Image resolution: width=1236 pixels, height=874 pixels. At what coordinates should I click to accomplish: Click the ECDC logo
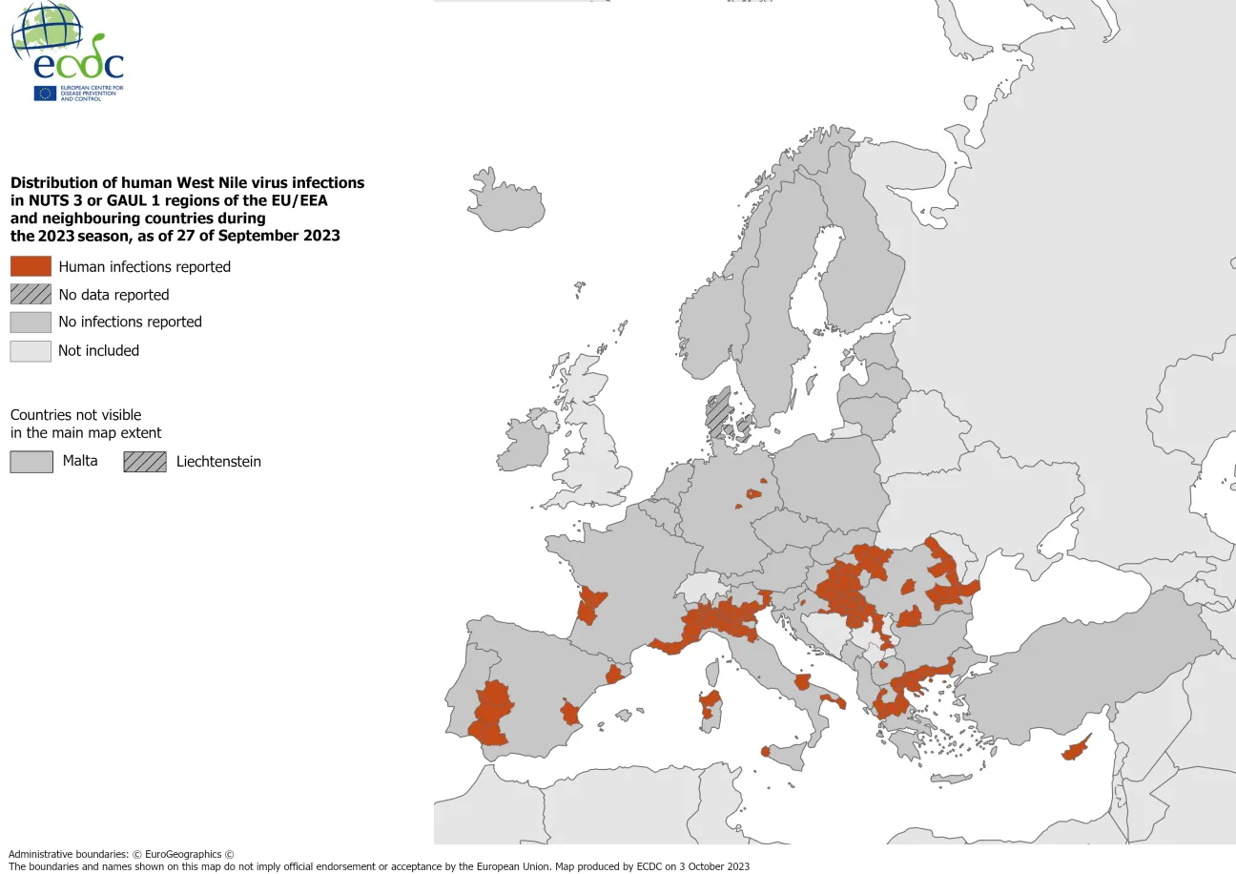(67, 52)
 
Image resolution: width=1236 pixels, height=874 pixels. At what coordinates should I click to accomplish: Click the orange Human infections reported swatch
(31, 266)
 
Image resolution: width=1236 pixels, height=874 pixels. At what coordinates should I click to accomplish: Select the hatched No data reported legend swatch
(31, 295)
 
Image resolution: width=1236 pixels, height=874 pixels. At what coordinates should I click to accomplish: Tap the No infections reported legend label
(130, 323)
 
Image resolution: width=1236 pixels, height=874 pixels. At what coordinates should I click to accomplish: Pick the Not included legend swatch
(31, 351)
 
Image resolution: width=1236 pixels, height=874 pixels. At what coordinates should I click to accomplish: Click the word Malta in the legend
(80, 461)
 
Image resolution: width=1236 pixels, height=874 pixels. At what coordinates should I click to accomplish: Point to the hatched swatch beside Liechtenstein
(144, 462)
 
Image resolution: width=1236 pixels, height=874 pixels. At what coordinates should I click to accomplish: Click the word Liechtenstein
(218, 462)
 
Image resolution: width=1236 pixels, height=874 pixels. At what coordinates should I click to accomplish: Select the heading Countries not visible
(75, 415)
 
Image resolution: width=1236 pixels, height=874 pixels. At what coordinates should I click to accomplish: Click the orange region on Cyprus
(1076, 750)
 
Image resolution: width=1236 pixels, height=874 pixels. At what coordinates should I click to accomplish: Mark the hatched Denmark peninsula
(717, 412)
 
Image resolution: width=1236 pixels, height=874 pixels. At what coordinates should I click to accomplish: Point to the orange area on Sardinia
(709, 704)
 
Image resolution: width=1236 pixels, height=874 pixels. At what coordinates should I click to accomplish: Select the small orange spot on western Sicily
(766, 752)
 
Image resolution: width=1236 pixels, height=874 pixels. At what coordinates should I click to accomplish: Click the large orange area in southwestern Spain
(491, 714)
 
